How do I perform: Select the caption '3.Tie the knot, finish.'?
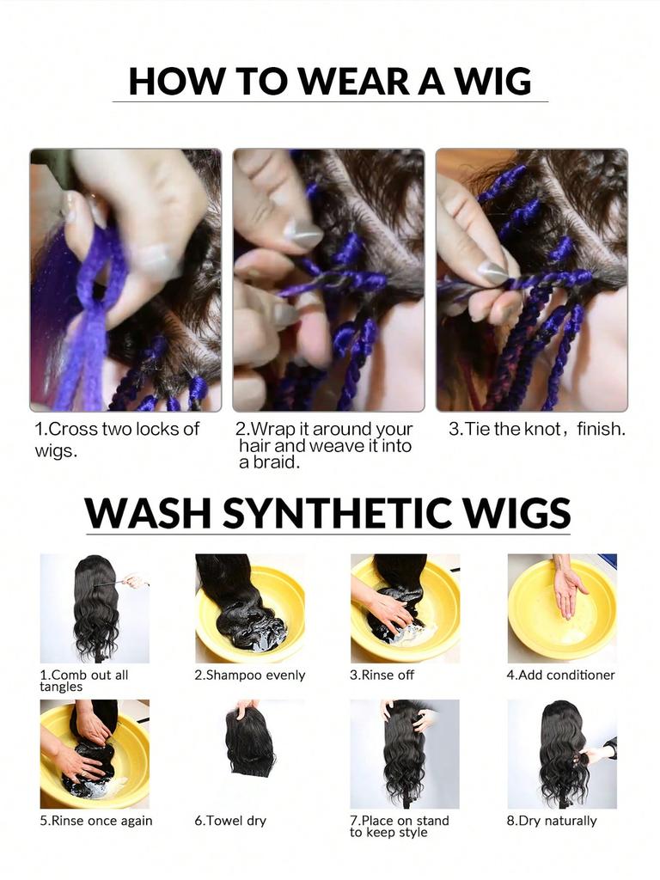click(536, 429)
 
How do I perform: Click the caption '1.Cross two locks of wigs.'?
click(117, 439)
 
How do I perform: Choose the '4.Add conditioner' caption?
click(560, 675)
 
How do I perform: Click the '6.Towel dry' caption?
click(230, 821)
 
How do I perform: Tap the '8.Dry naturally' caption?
click(551, 821)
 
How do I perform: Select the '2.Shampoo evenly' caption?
click(249, 675)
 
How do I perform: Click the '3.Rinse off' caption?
click(382, 675)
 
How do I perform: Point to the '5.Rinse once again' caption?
click(95, 821)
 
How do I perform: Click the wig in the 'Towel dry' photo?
click(250, 743)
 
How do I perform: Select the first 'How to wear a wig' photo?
click(125, 280)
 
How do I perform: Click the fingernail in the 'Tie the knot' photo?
click(492, 272)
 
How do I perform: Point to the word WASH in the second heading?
click(147, 513)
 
